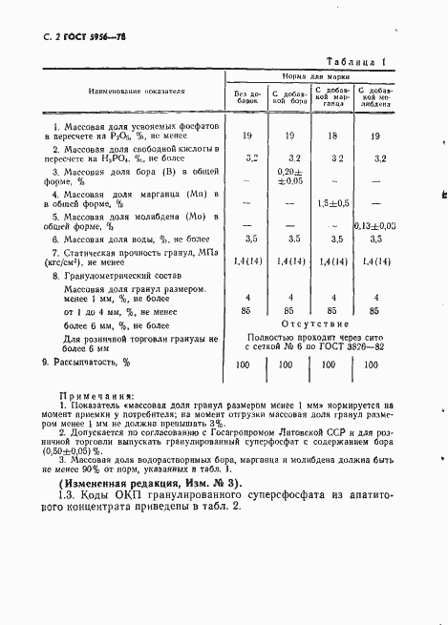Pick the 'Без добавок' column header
click(x=246, y=97)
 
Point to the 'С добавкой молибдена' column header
click(x=379, y=96)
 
